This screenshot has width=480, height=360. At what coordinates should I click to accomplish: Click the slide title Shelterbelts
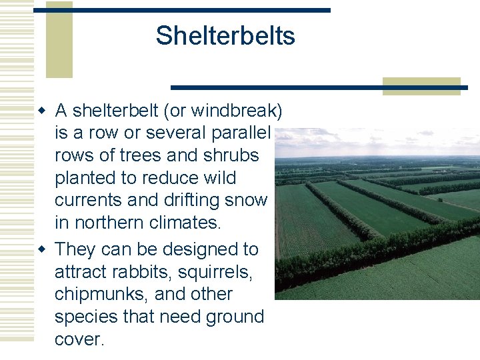pos(225,36)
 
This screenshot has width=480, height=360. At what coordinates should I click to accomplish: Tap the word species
pos(94,317)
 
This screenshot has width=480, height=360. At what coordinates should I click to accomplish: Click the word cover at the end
pos(79,339)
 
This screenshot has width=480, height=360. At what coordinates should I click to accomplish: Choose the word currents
pos(97,200)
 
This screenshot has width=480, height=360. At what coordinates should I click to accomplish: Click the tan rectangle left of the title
pos(59,40)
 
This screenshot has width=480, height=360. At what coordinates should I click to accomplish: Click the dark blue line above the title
pos(200,10)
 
